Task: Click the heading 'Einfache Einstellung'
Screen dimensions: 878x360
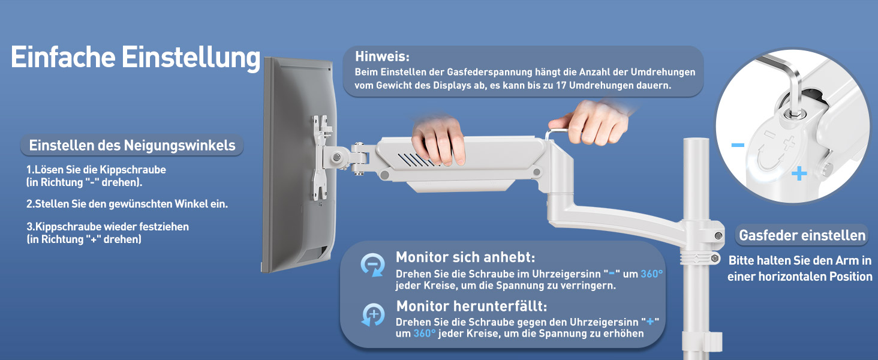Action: (x=135, y=58)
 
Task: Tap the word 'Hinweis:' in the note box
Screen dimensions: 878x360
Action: (x=382, y=56)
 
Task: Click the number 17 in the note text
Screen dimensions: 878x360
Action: (x=561, y=85)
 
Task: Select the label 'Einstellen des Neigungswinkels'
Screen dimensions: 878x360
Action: (x=132, y=145)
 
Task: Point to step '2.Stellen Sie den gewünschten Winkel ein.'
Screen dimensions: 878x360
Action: (x=127, y=204)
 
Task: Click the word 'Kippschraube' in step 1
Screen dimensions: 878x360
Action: (x=133, y=170)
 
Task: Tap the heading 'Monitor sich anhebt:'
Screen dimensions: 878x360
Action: (x=465, y=257)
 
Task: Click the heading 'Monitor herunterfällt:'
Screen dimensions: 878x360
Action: (x=471, y=306)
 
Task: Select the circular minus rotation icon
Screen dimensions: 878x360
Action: (x=372, y=265)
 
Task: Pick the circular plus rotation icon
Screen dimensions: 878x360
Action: (x=373, y=314)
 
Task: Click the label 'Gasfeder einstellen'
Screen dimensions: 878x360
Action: (x=802, y=235)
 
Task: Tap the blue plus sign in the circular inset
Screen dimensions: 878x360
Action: (x=799, y=174)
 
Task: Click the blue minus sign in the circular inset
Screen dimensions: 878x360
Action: (x=738, y=145)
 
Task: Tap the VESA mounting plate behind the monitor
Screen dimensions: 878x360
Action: (x=322, y=157)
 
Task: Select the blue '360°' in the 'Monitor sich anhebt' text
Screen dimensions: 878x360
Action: (x=651, y=274)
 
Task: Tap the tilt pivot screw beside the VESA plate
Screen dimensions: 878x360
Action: (x=336, y=158)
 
